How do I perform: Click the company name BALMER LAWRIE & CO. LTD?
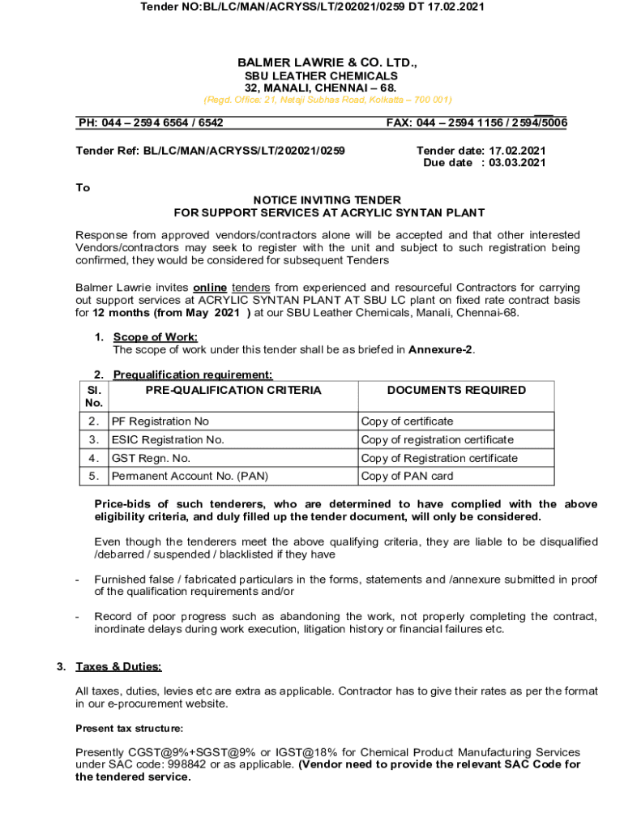point(327,62)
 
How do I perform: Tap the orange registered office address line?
point(327,100)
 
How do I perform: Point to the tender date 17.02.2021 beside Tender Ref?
point(514,150)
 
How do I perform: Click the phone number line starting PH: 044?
point(151,123)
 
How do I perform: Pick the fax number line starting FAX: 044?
point(477,123)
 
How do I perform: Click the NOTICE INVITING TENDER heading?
point(327,200)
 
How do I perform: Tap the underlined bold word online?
point(210,288)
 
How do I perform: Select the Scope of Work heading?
point(156,337)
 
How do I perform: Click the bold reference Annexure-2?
point(441,350)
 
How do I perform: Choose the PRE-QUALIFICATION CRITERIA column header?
point(233,390)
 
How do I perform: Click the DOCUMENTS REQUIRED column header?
point(456,390)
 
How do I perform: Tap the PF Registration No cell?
point(160,421)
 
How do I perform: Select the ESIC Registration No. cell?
point(168,440)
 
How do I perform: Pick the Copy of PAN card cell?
point(407,477)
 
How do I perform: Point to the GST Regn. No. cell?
point(151,458)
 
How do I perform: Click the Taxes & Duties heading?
point(118,667)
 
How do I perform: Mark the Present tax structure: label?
point(129,728)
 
